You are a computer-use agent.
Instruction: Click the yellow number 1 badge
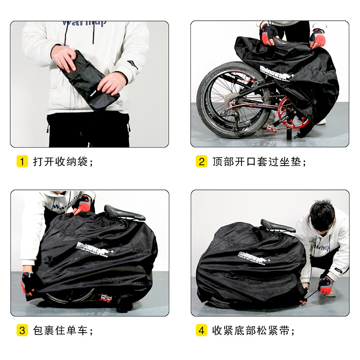tap(22, 162)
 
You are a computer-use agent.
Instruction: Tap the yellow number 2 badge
tap(202, 162)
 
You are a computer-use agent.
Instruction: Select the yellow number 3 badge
tap(22, 331)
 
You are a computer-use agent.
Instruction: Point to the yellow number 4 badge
tap(202, 331)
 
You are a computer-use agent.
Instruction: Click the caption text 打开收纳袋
tap(63, 162)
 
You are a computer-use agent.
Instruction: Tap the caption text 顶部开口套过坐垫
tap(259, 162)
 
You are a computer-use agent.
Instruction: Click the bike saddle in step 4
tap(277, 225)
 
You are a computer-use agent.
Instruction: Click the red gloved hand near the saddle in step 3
tap(82, 205)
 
